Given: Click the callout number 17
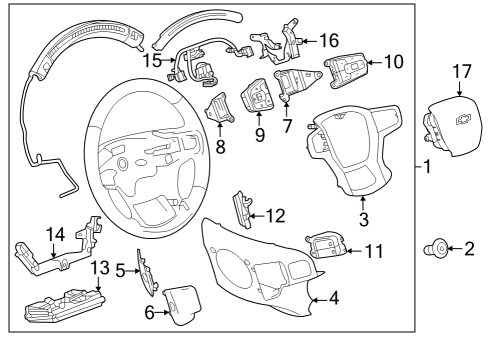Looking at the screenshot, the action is tap(462, 72).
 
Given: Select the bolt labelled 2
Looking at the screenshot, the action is tap(436, 249).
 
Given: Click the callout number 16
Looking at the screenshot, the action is tap(329, 40).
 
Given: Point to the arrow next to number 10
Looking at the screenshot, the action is tap(375, 62).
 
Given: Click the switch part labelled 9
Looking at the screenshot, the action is tap(256, 95).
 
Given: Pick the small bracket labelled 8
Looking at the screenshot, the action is tap(219, 108).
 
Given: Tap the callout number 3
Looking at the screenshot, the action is tap(364, 219).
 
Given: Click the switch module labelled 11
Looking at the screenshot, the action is tap(326, 246).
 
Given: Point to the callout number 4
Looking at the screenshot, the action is tap(334, 298).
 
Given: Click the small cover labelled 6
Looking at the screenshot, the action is tap(182, 306).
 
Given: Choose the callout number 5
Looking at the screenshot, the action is tap(120, 271).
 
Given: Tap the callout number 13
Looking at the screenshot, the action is tap(100, 268).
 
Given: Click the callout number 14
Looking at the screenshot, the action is tap(55, 235).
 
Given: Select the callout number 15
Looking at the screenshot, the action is tap(152, 61).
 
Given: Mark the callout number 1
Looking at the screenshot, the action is tap(427, 166).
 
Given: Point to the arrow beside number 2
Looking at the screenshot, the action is tap(454, 249).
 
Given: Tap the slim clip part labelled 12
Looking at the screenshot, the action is tap(243, 210).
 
